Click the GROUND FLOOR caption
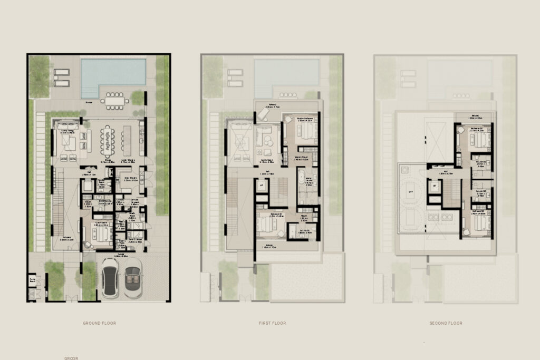99,323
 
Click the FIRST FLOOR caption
273,323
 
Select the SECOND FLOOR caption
446,323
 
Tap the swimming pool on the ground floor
113,76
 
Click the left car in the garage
111,280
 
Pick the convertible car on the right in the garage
132,279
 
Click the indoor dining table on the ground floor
107,138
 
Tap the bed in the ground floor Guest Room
100,233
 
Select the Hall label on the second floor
446,172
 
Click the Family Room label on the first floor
265,160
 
